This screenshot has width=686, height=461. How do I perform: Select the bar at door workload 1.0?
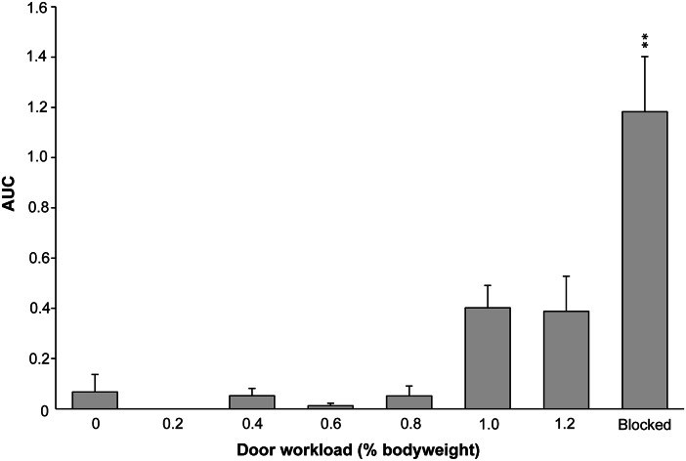(x=488, y=358)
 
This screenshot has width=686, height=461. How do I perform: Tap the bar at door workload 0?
(x=95, y=400)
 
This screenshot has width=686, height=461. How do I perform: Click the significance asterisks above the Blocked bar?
(x=645, y=40)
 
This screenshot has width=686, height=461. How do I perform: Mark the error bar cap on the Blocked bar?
(x=645, y=57)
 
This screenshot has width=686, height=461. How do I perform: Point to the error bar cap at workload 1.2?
(x=566, y=276)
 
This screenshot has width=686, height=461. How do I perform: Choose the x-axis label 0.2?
(x=173, y=427)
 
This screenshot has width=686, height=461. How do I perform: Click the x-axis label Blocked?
(x=645, y=427)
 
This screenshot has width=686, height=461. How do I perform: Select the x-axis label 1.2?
(x=566, y=427)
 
